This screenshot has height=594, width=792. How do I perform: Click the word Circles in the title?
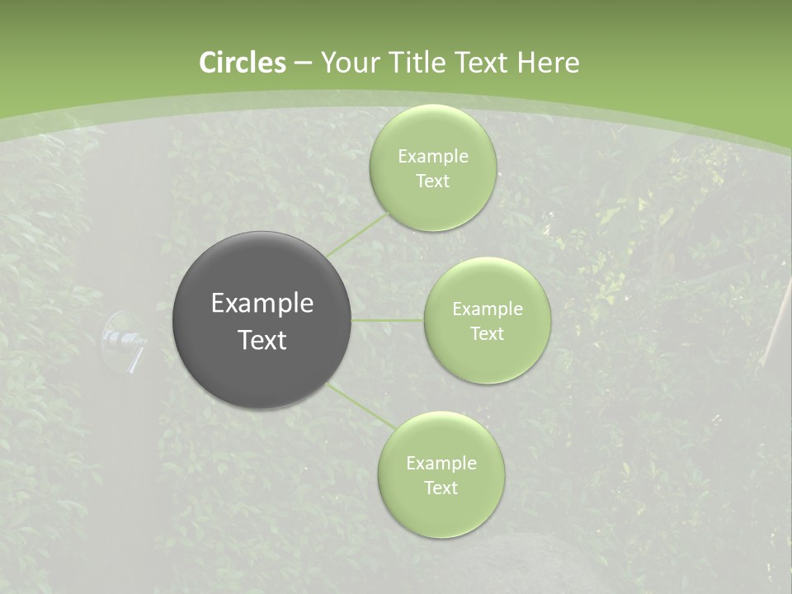click(x=243, y=63)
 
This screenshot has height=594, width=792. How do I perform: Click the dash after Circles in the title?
click(x=303, y=64)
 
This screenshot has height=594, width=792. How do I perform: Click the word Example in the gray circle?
click(x=262, y=304)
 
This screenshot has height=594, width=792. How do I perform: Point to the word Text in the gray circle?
click(x=262, y=340)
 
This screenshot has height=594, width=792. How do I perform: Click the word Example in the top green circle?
click(x=433, y=157)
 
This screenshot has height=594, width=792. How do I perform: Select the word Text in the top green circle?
click(x=432, y=181)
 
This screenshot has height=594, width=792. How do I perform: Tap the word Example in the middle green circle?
click(x=488, y=309)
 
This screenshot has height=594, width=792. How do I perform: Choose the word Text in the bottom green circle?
click(x=441, y=488)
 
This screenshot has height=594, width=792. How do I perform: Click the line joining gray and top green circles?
click(x=356, y=233)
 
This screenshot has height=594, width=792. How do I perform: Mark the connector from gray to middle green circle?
click(x=387, y=320)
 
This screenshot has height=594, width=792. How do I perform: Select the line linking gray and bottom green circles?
click(x=361, y=405)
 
